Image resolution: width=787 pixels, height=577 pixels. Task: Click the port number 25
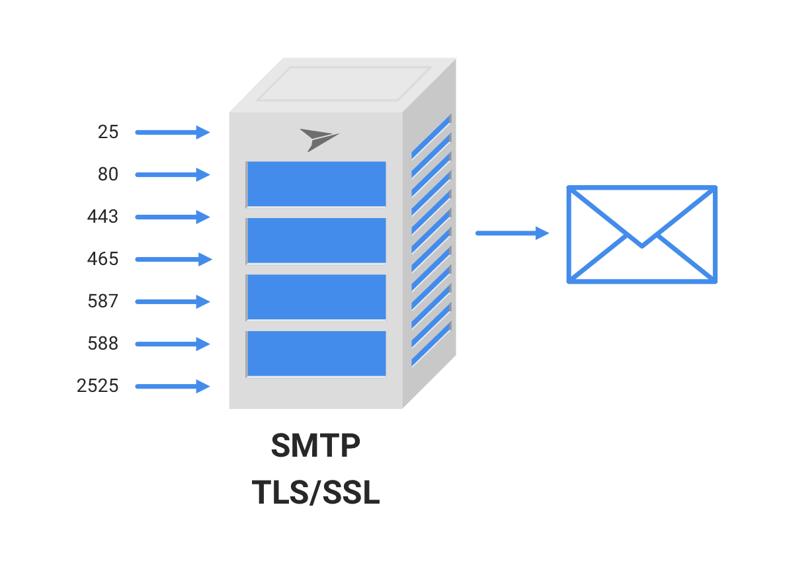[108, 132]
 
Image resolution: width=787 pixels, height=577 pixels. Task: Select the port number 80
[108, 174]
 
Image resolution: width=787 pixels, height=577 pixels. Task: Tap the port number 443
[103, 217]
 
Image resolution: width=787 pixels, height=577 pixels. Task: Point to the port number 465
[103, 259]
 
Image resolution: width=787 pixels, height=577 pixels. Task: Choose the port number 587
[103, 301]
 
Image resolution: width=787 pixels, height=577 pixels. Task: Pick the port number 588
[103, 344]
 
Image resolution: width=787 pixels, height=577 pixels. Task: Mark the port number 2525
[98, 386]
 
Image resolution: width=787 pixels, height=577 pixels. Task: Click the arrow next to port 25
[172, 132]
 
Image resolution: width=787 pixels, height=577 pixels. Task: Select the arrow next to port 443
[172, 217]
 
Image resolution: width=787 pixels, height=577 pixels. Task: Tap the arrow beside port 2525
[172, 386]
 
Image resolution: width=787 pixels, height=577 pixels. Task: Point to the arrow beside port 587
[172, 301]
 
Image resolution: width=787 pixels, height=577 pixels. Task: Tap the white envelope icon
[642, 235]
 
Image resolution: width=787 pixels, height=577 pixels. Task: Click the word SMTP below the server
[315, 447]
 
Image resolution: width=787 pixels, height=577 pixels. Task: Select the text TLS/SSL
[315, 492]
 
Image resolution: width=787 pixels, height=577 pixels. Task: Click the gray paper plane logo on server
[318, 139]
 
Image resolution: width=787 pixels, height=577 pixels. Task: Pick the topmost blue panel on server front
[316, 184]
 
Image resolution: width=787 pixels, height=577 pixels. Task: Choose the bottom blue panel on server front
[316, 353]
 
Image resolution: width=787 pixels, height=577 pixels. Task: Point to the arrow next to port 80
[172, 174]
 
